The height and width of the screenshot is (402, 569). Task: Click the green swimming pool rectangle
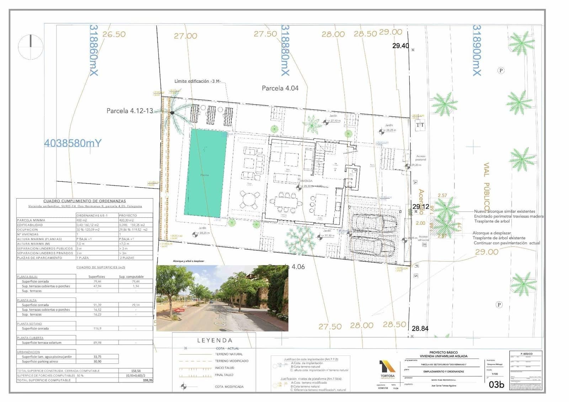pyautogui.click(x=206, y=173)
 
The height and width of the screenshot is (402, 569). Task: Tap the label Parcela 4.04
pyautogui.click(x=280, y=88)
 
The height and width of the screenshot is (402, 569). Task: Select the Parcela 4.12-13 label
pyautogui.click(x=129, y=111)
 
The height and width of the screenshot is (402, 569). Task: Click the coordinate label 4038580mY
pyautogui.click(x=73, y=143)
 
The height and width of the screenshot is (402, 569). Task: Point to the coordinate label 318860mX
pyautogui.click(x=94, y=50)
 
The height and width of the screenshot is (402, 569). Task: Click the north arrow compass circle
pyautogui.click(x=31, y=47)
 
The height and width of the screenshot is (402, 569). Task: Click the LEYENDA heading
pyautogui.click(x=214, y=340)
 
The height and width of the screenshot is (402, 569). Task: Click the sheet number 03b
pyautogui.click(x=496, y=385)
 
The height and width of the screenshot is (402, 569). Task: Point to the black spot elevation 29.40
pyautogui.click(x=400, y=46)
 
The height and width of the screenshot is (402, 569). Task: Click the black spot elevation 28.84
pyautogui.click(x=420, y=329)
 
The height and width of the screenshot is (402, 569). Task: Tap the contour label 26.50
pyautogui.click(x=114, y=34)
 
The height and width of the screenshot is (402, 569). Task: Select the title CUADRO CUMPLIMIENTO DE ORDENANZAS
pyautogui.click(x=85, y=201)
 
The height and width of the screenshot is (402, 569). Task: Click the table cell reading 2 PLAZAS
pyautogui.click(x=127, y=258)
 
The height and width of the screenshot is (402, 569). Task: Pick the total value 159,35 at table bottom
pyautogui.click(x=147, y=380)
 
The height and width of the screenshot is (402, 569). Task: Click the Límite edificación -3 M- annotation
pyautogui.click(x=197, y=81)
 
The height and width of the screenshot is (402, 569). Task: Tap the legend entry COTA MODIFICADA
pyautogui.click(x=229, y=387)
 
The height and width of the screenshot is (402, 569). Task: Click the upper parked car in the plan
pyautogui.click(x=374, y=222)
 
